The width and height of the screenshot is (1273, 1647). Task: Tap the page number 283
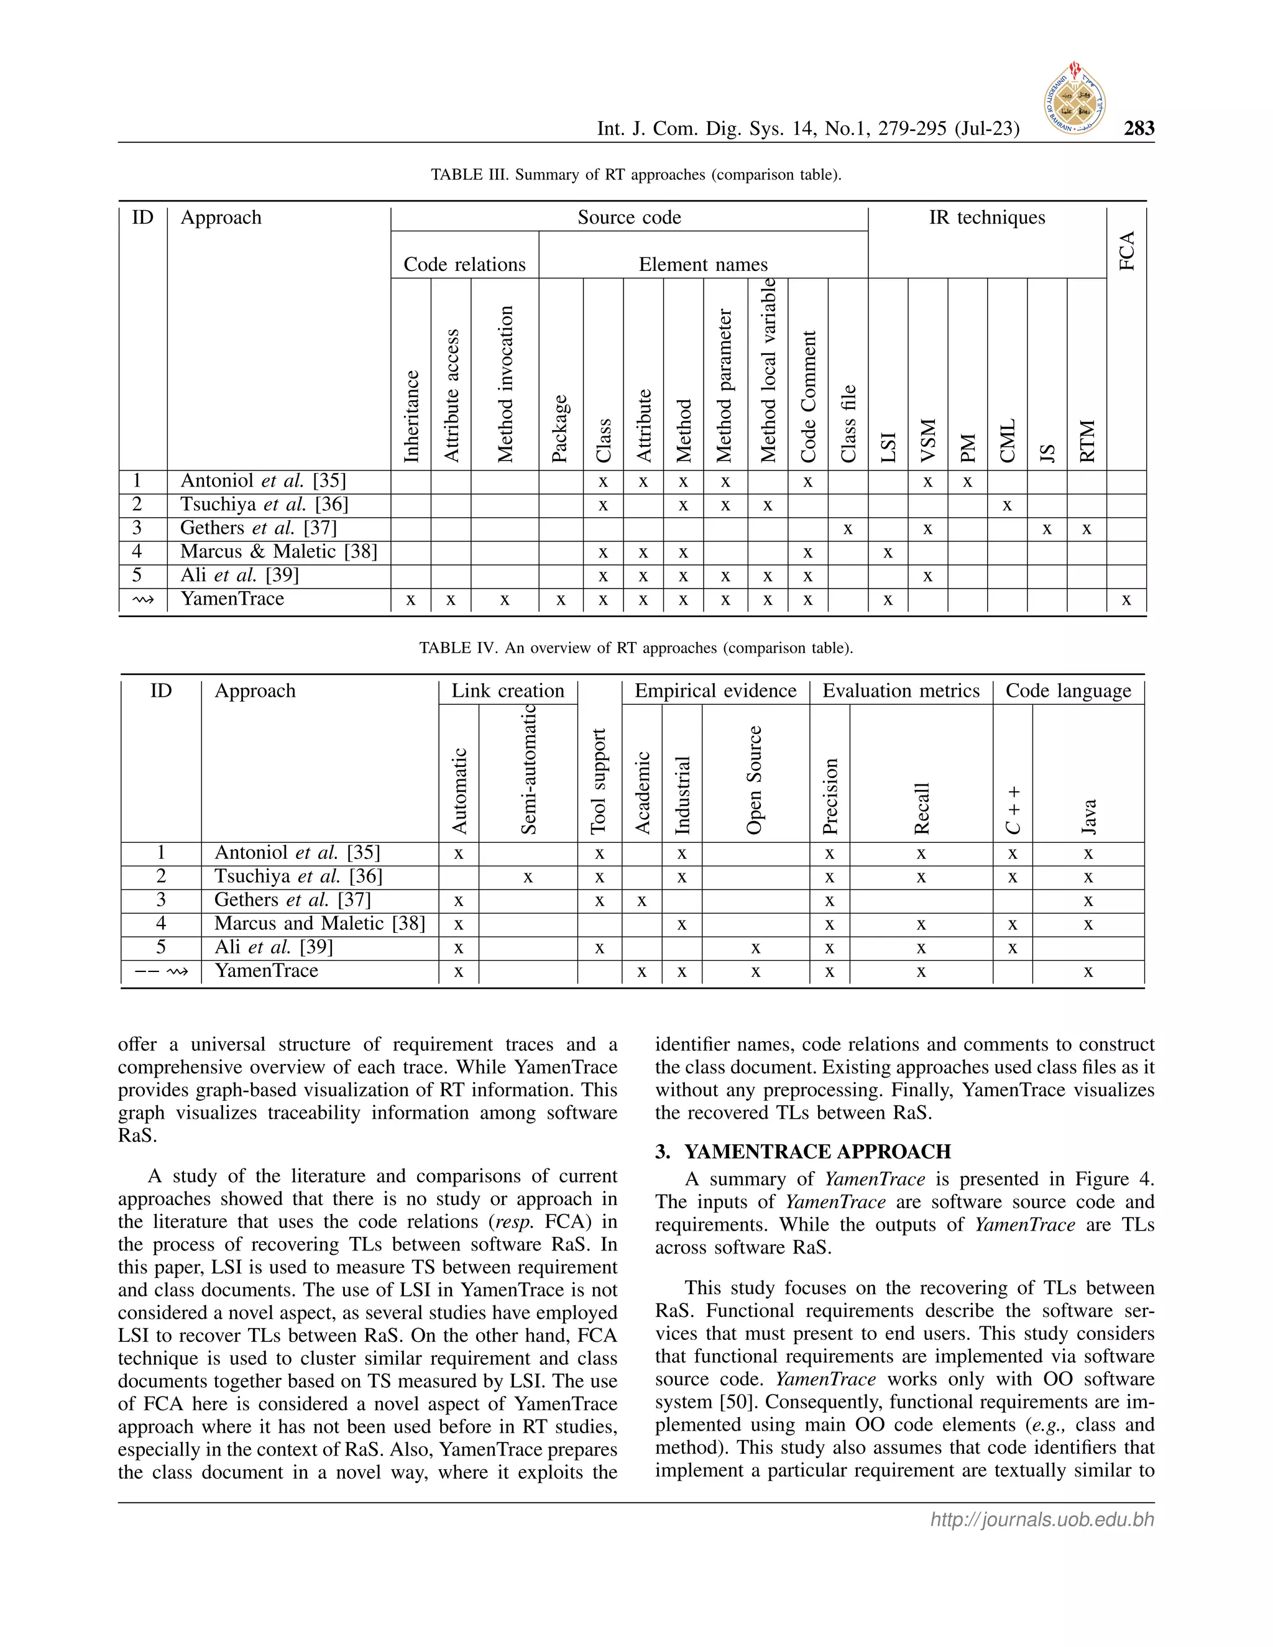pos(1138,128)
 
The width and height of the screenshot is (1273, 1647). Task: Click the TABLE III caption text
pos(636,175)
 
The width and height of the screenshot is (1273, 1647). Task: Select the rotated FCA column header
pos(1127,252)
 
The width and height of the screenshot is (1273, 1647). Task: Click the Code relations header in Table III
pos(464,264)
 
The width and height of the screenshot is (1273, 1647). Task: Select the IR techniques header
pos(986,218)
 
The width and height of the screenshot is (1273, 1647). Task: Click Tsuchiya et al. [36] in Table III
pos(264,505)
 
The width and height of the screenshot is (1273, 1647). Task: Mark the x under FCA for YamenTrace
pos(1126,600)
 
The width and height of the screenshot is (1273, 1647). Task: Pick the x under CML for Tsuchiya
pos(1007,505)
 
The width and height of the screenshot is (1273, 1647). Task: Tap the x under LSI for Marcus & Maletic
pos(888,553)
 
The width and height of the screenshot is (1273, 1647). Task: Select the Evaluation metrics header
pos(901,690)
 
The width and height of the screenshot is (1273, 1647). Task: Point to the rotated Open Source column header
pos(754,780)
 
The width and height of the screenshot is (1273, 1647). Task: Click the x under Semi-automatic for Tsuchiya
pos(528,877)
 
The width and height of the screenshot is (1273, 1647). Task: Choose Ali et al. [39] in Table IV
pos(273,947)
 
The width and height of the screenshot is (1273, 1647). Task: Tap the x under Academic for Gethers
pos(641,901)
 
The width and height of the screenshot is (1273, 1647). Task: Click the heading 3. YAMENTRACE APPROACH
pos(802,1152)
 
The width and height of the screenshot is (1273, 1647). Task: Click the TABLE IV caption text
pos(636,648)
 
